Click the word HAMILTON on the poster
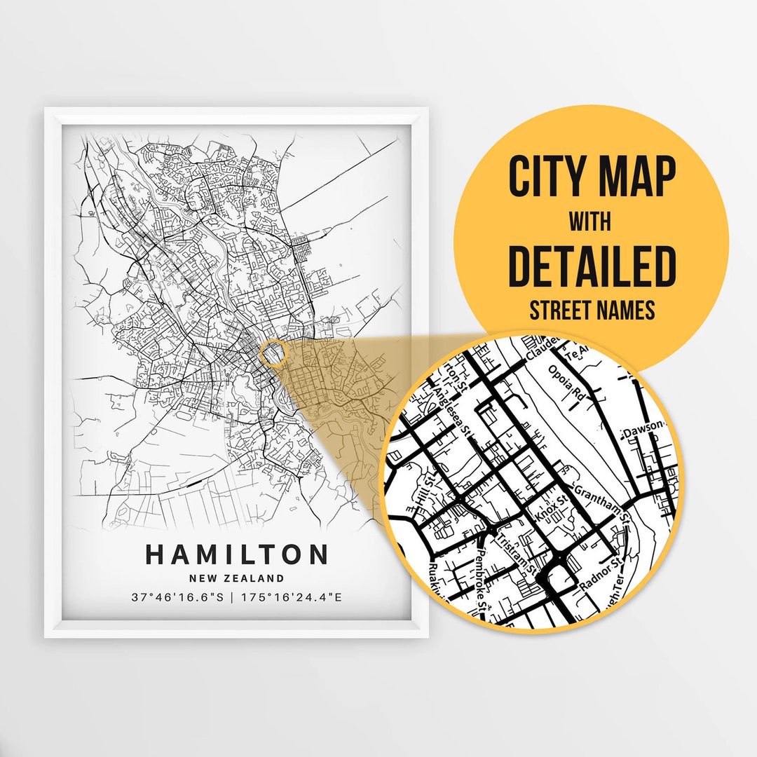coord(236,554)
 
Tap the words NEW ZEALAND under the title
coord(236,579)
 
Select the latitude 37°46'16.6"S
coord(178,598)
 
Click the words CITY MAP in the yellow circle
coord(592,178)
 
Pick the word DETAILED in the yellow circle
coord(592,267)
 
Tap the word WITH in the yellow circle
coord(590,223)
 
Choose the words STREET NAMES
coord(592,309)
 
